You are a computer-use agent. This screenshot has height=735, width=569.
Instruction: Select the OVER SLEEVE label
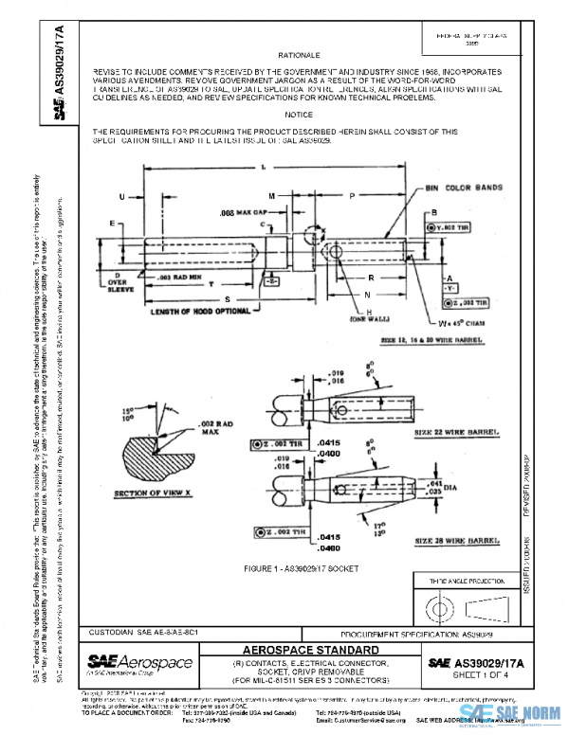(119, 286)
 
